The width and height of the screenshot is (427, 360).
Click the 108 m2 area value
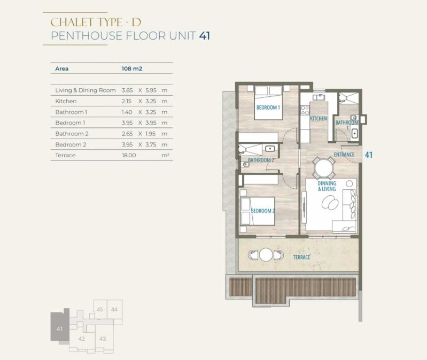pyautogui.click(x=132, y=68)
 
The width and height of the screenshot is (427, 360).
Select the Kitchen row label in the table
pyautogui.click(x=66, y=101)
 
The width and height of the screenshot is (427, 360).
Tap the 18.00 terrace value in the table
pyautogui.click(x=129, y=155)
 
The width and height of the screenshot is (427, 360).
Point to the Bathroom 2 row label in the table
pyautogui.click(x=72, y=134)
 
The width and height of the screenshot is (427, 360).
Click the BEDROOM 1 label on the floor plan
pyautogui.click(x=268, y=108)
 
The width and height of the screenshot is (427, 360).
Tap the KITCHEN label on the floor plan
pyautogui.click(x=319, y=119)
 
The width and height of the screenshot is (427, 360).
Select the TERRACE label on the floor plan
pyautogui.click(x=301, y=257)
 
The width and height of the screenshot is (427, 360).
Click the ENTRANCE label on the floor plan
pyautogui.click(x=344, y=155)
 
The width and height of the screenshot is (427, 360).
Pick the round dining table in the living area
pyautogui.click(x=323, y=168)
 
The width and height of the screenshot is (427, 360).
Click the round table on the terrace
pyautogui.click(x=266, y=255)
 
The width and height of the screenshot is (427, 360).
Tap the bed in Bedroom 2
pyautogui.click(x=258, y=211)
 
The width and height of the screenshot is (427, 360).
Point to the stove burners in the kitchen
pyautogui.click(x=305, y=110)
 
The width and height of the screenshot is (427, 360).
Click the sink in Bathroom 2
pyautogui.click(x=270, y=149)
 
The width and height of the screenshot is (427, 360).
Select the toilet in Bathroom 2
pyautogui.click(x=245, y=164)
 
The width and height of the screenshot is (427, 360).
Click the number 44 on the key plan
pyautogui.click(x=114, y=309)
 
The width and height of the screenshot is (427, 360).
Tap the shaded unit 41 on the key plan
pyautogui.click(x=60, y=326)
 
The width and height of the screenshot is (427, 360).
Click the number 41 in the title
pyautogui.click(x=205, y=36)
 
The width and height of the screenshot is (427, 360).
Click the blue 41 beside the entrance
pyautogui.click(x=368, y=155)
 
